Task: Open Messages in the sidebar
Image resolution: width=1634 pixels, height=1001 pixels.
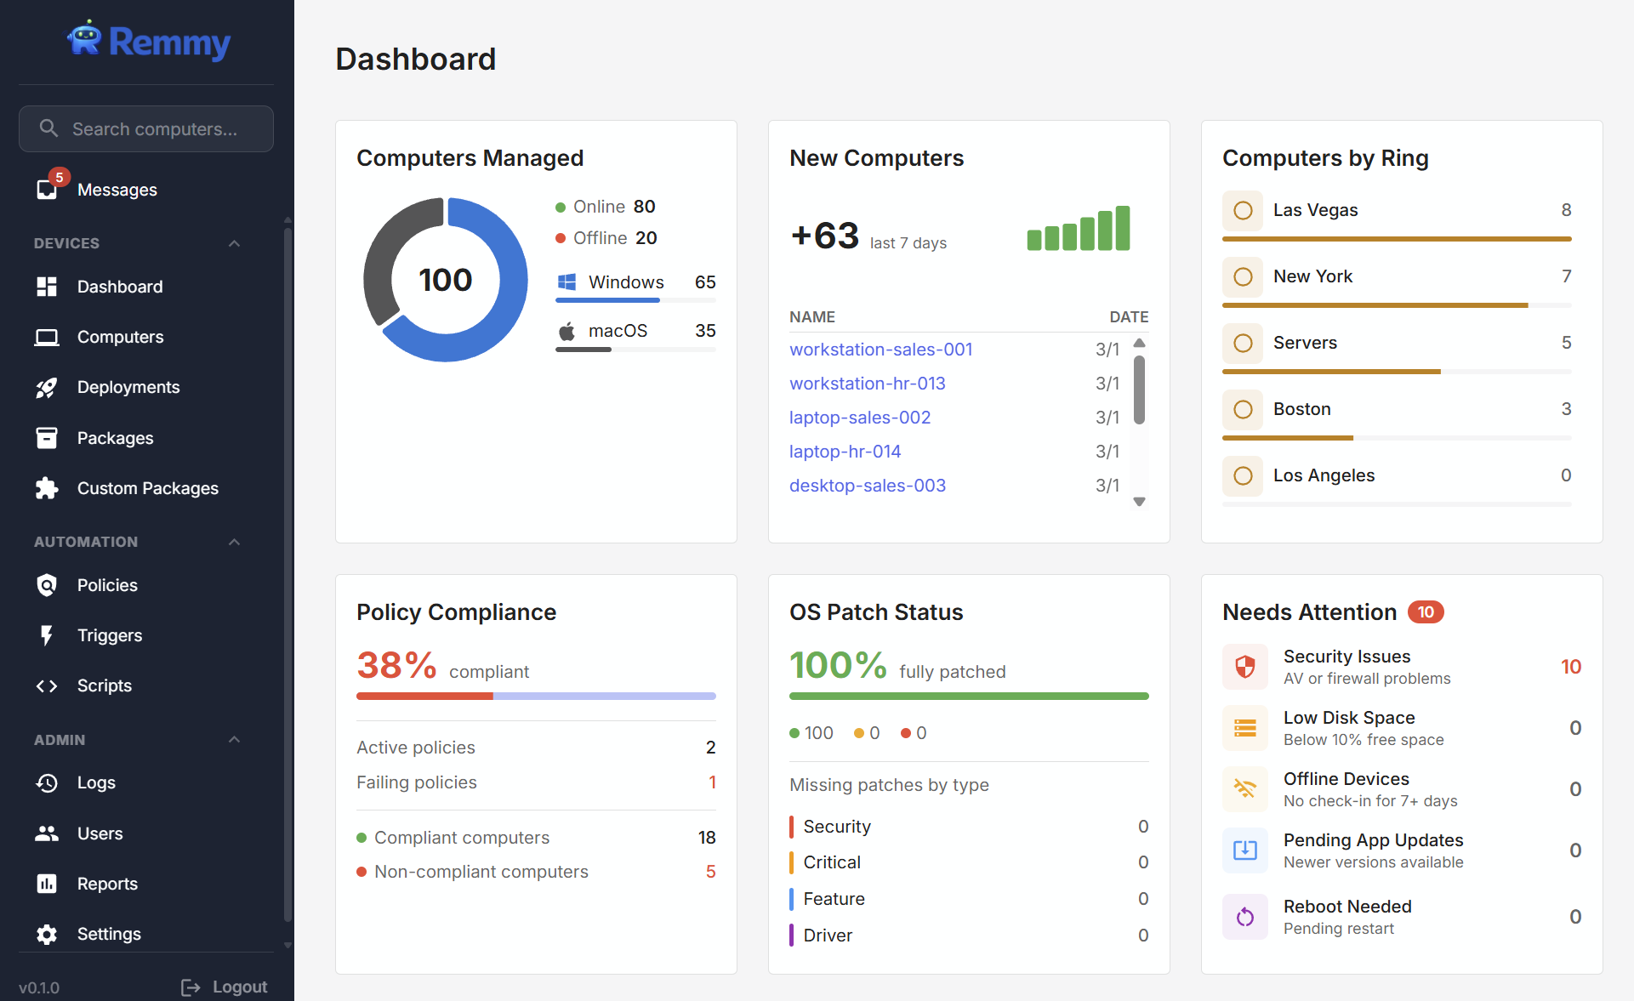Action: coord(117,190)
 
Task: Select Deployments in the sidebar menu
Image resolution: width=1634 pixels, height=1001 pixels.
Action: coord(128,387)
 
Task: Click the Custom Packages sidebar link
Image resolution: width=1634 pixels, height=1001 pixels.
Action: coord(147,488)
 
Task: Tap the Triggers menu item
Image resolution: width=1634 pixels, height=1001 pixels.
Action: coord(109,635)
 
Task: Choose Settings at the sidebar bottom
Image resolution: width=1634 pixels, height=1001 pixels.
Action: coord(108,934)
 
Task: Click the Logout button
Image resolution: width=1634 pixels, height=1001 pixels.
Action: coord(225,987)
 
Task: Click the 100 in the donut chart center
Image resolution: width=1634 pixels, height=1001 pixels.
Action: coord(445,280)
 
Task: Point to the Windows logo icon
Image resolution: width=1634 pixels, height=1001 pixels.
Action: coord(566,282)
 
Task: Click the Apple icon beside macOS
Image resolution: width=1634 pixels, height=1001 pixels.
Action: coord(566,331)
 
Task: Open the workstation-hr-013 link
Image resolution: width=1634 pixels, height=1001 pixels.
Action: coord(867,384)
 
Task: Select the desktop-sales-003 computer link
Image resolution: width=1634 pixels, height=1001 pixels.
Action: coord(867,486)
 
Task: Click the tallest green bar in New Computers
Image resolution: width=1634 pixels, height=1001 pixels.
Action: coord(1123,228)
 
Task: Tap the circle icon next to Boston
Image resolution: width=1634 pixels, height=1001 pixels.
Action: coord(1243,409)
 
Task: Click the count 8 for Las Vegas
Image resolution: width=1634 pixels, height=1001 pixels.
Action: coord(1566,210)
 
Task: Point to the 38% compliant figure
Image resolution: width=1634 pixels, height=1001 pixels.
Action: coord(396,665)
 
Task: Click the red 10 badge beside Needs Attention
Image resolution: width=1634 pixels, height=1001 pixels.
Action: coord(1426,612)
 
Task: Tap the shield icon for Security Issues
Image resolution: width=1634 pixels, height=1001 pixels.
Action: coord(1244,667)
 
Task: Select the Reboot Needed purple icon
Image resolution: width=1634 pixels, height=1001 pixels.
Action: coord(1244,917)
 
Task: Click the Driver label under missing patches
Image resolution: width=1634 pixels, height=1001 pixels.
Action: coord(827,936)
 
